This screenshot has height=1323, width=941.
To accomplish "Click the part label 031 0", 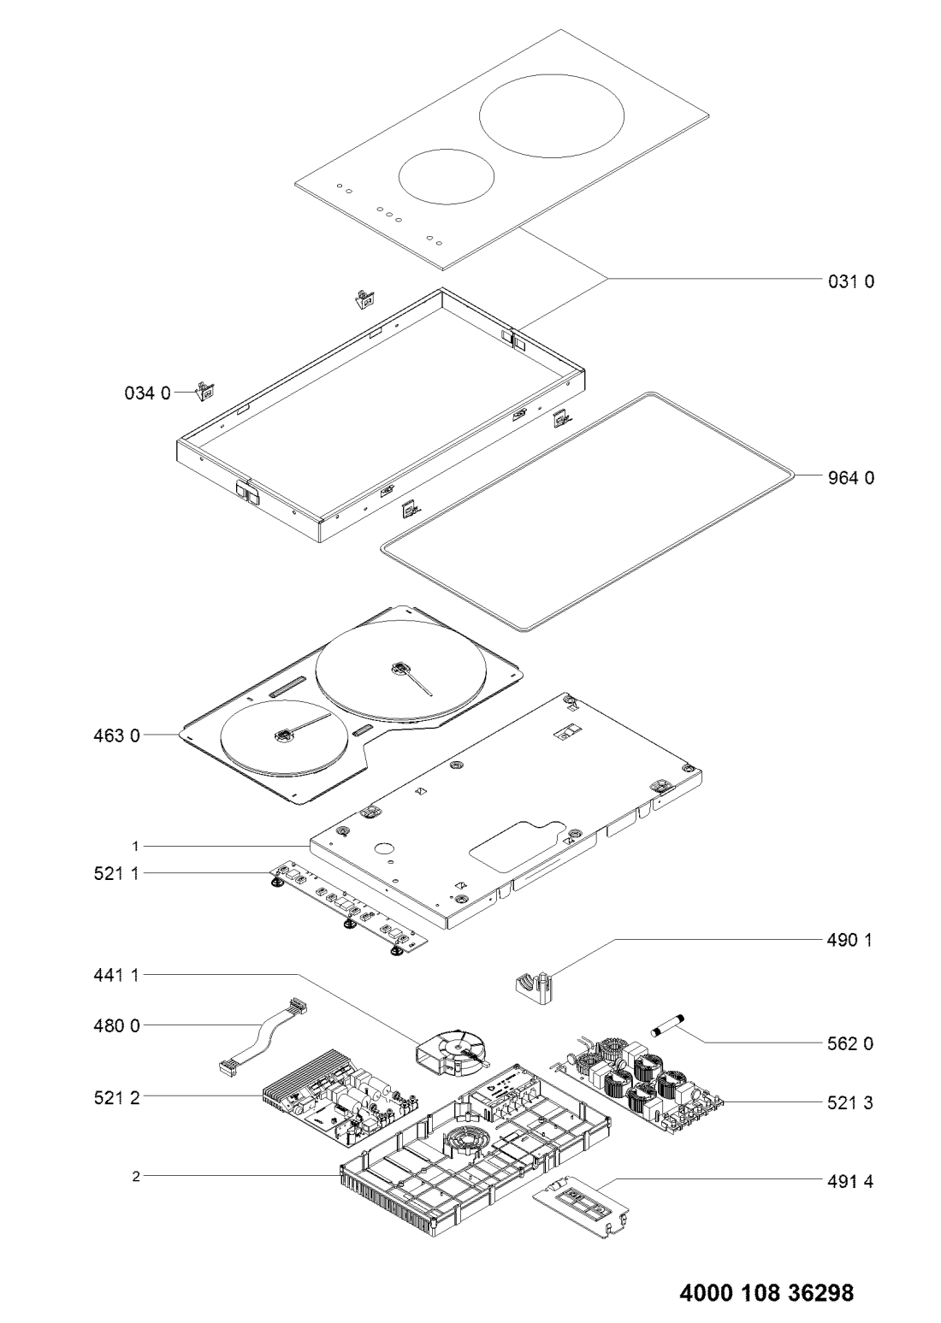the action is pos(850,281).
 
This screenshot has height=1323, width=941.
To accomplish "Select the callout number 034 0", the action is pos(147,393).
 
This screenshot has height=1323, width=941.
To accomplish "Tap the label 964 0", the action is pos(850,477).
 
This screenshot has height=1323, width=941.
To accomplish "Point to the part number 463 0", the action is pos(117,736).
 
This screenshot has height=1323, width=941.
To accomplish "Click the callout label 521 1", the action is pos(116,873).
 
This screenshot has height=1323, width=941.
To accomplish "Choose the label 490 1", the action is pos(849,940).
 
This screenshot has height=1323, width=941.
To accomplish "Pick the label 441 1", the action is pos(116,975).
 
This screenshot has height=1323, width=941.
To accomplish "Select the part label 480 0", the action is pos(117,1026).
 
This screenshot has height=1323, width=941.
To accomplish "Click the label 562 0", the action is pos(850,1043).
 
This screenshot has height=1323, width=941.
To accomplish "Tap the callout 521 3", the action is pos(850,1102).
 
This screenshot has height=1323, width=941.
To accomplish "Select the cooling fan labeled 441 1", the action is pos(452,1051).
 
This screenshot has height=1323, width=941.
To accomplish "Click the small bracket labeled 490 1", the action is pos(534,987).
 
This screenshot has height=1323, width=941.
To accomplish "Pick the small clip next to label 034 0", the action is pos(205,391).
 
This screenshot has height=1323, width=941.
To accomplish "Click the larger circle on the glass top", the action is pos(551,115).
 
